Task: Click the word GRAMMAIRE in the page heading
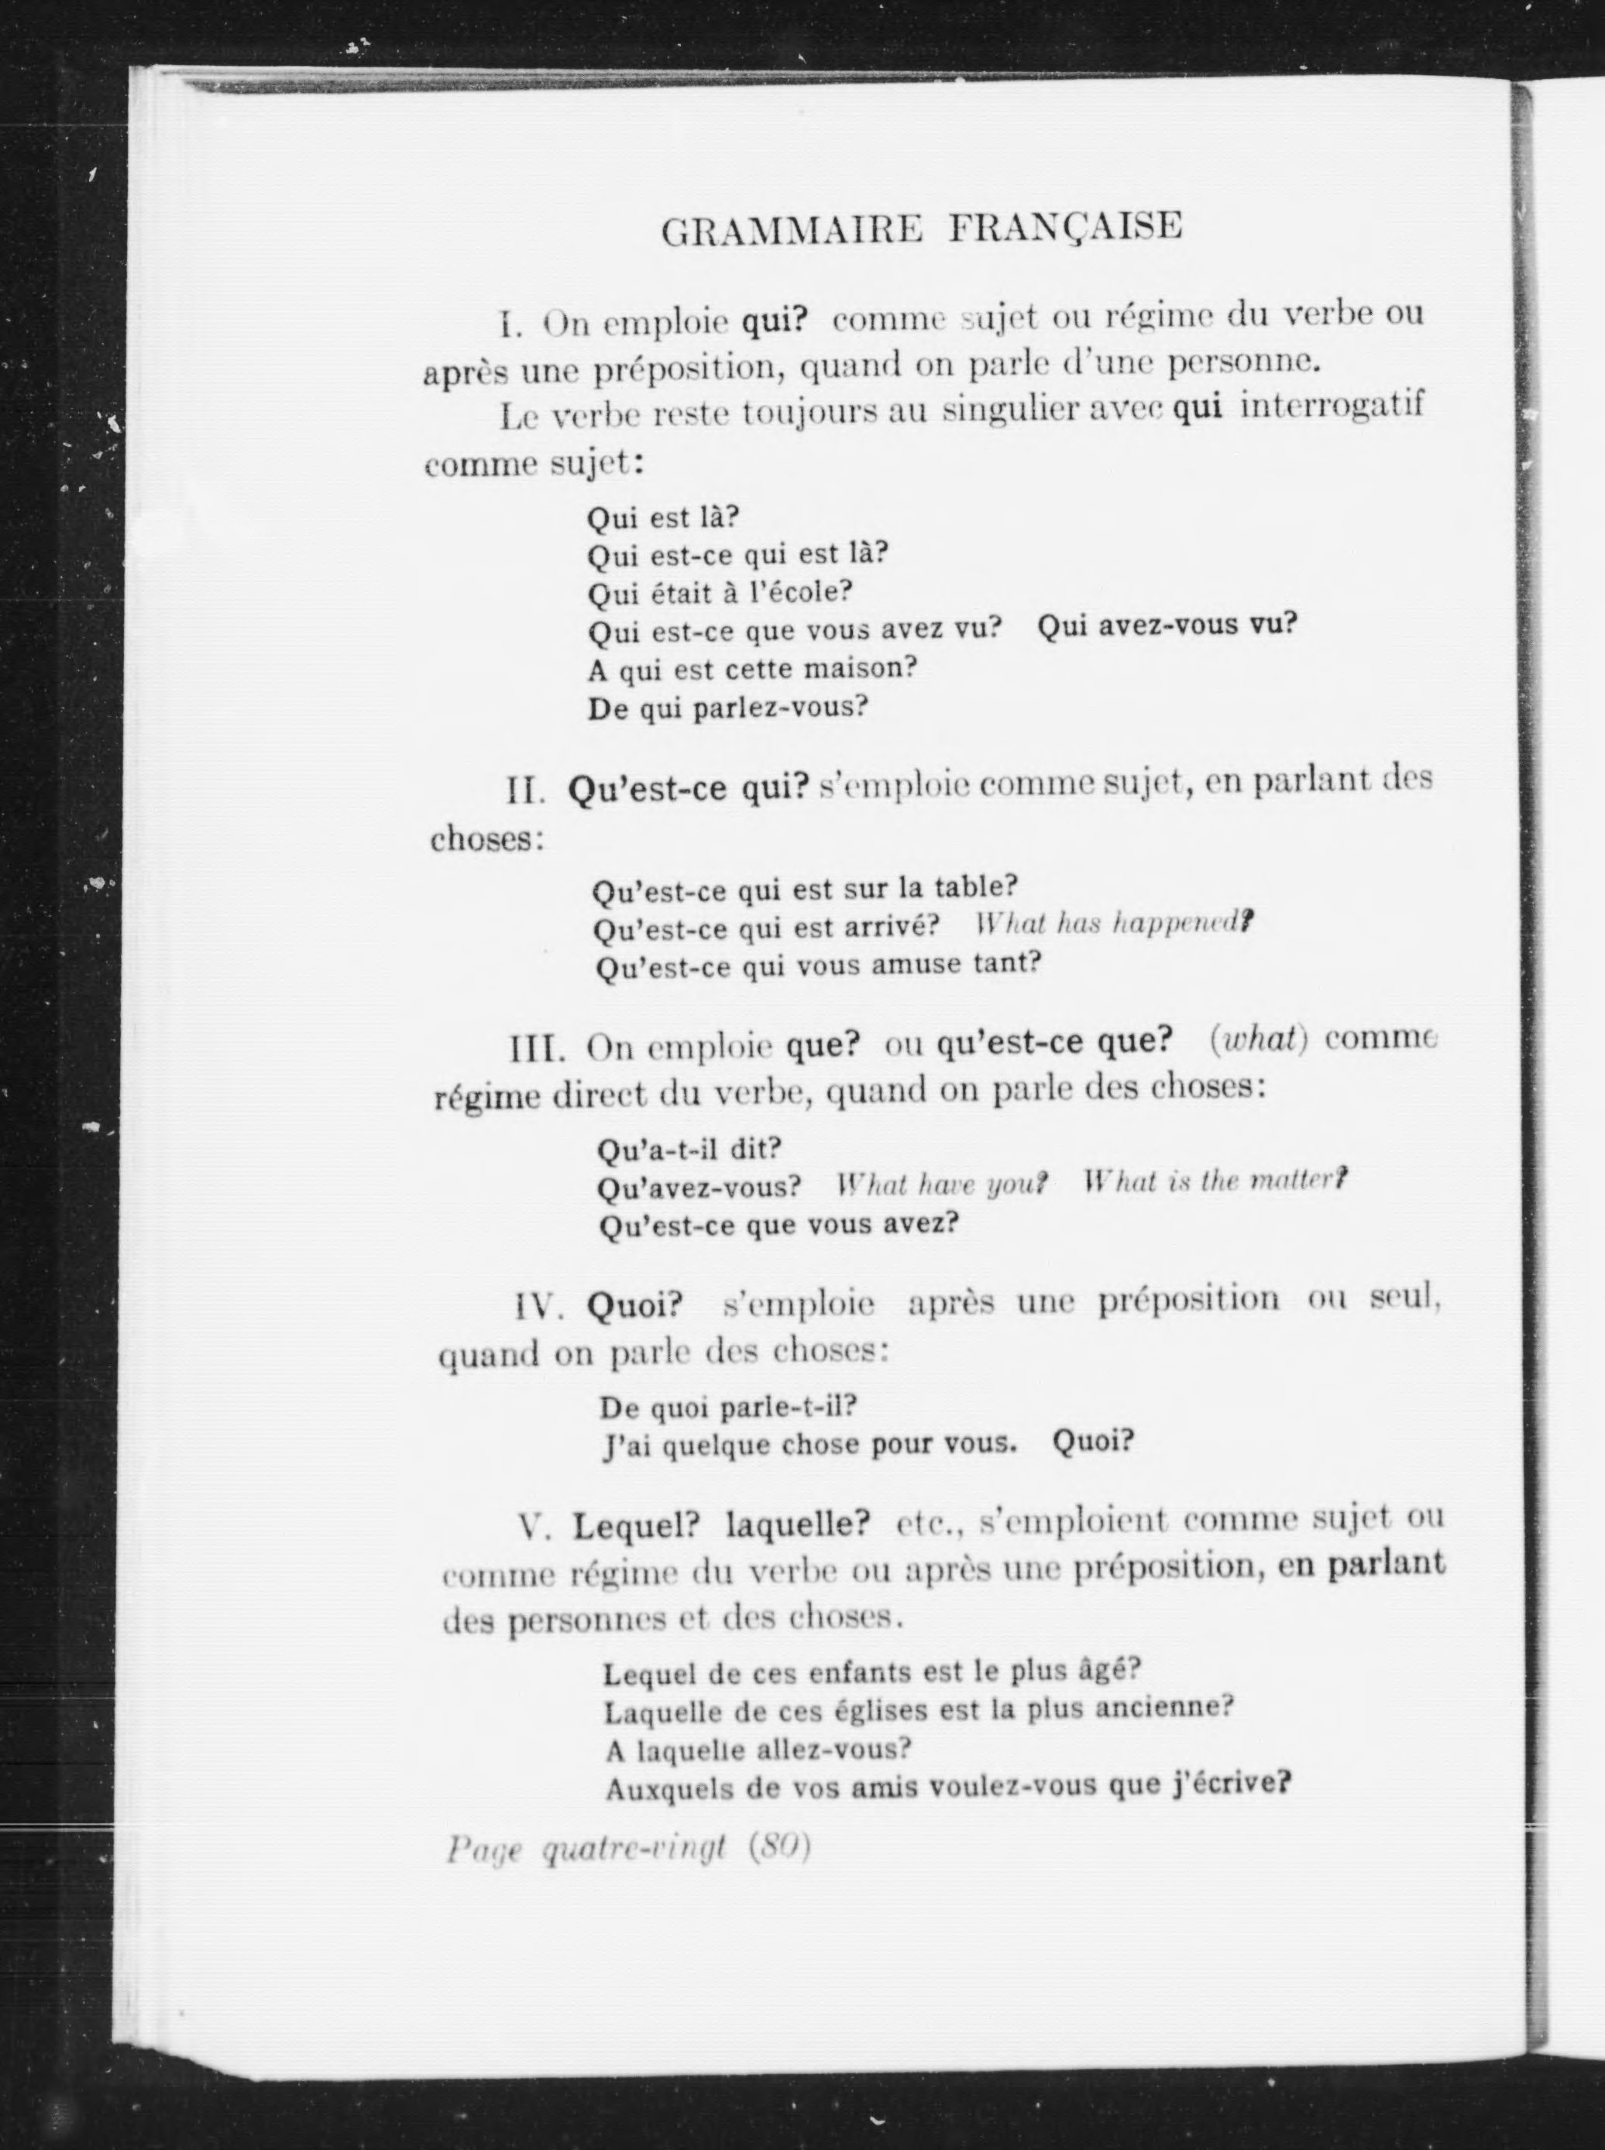coord(791,230)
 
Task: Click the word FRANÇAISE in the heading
coord(1065,228)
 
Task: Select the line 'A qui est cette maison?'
coord(752,669)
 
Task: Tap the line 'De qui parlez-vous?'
coord(727,708)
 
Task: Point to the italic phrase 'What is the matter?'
coord(1215,1181)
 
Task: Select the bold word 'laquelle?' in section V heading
coord(798,1524)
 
